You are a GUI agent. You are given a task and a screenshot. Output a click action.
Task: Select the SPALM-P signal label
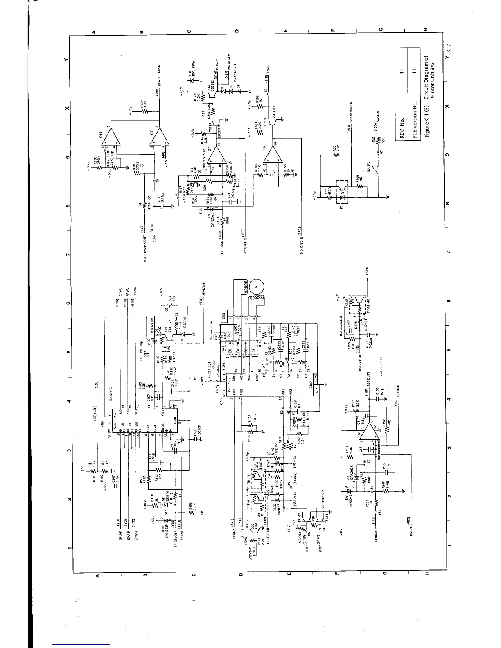click(203, 290)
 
